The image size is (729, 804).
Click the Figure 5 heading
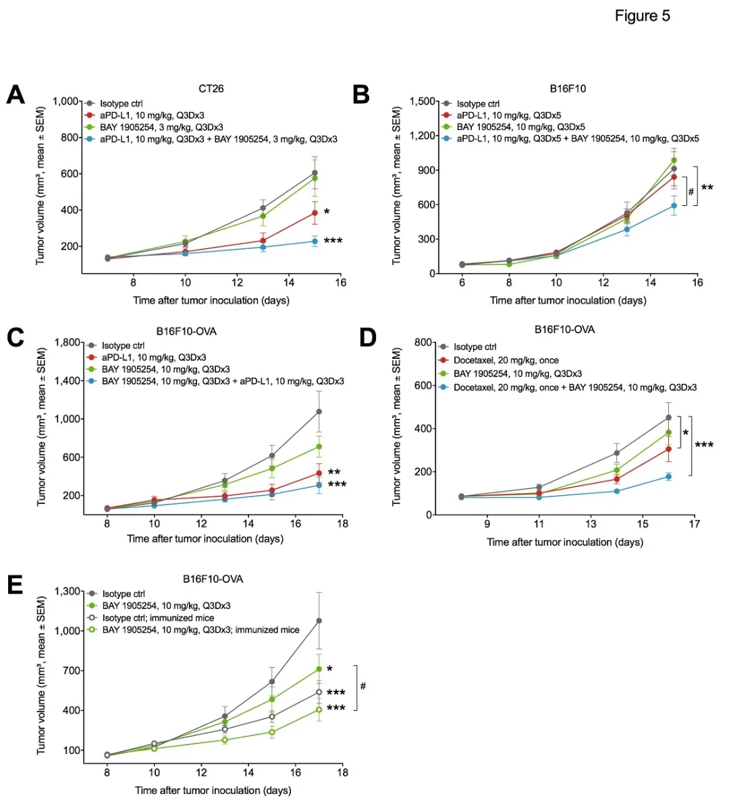click(x=642, y=16)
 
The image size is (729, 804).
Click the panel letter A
click(x=15, y=95)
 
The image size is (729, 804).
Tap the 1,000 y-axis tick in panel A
click(x=66, y=101)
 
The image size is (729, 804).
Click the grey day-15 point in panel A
click(x=315, y=173)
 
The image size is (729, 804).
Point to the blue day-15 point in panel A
click(x=315, y=241)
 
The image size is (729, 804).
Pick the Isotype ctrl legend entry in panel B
click(x=478, y=104)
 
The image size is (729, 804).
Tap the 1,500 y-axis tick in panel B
click(x=423, y=101)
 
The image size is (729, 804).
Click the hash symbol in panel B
click(x=691, y=192)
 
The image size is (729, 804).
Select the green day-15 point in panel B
click(x=674, y=161)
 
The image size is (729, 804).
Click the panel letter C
click(x=15, y=337)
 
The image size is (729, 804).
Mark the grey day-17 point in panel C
click(x=319, y=411)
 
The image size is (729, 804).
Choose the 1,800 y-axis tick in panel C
click(x=67, y=343)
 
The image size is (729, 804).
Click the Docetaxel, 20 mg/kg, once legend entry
click(x=506, y=360)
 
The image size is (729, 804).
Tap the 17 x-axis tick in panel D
click(x=695, y=523)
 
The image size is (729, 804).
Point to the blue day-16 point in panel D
click(x=669, y=477)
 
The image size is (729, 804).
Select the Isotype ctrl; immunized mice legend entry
click(x=158, y=618)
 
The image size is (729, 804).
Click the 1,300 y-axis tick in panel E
click(x=67, y=592)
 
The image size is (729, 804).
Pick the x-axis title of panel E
click(x=213, y=790)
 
